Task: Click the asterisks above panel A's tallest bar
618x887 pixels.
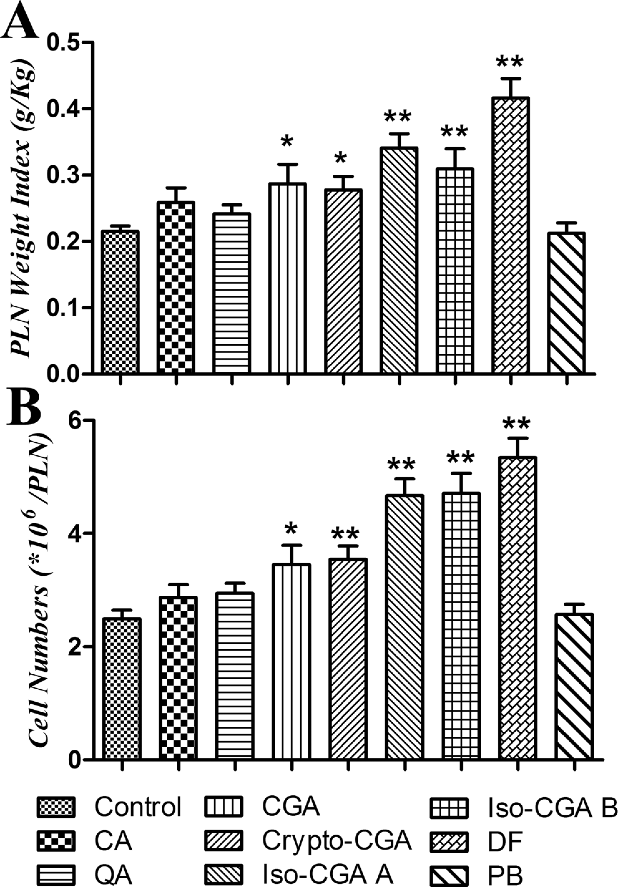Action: pyautogui.click(x=510, y=62)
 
